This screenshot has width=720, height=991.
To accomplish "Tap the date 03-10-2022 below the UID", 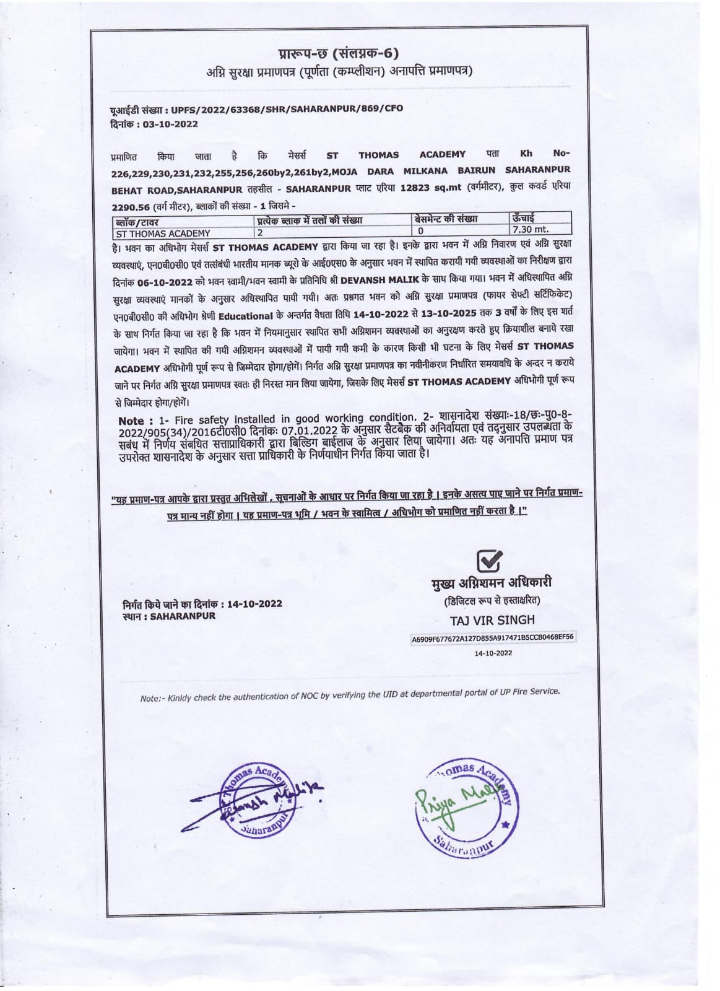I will tap(170, 124).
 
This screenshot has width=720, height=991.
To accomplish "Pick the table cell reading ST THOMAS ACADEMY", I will tap(163, 234).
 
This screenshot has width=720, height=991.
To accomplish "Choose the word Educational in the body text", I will tap(250, 315).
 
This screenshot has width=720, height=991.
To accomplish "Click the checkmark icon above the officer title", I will tap(490, 561).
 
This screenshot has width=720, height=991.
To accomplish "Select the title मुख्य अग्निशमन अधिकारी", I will tap(491, 583).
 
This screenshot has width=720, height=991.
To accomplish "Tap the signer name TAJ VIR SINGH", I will tap(492, 620).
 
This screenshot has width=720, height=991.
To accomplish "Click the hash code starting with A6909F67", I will tap(492, 637).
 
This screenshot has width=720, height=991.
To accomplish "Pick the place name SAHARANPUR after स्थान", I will tap(183, 616).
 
